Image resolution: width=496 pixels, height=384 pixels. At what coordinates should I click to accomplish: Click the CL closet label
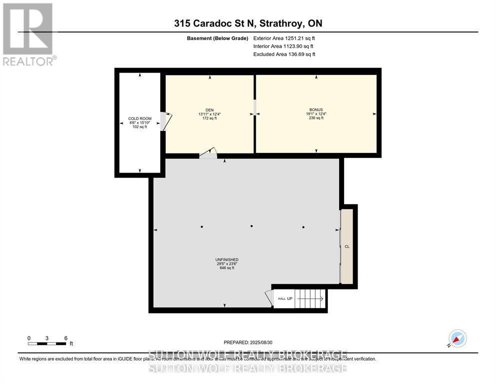click(347, 246)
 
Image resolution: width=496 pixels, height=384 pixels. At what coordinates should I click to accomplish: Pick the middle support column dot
click(252, 226)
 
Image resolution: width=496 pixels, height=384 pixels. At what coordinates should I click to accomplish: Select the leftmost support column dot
click(202, 226)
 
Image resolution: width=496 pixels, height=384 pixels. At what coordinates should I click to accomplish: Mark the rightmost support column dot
click(303, 226)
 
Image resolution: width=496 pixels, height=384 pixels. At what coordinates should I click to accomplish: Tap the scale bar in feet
click(47, 343)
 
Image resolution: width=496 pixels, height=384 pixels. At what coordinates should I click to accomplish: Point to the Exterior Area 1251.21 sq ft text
click(284, 38)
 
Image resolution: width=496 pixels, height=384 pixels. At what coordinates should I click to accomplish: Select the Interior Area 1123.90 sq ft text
click(283, 46)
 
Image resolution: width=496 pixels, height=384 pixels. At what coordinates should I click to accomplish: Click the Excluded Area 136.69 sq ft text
click(284, 54)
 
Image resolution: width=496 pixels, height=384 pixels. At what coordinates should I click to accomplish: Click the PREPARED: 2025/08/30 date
click(248, 342)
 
